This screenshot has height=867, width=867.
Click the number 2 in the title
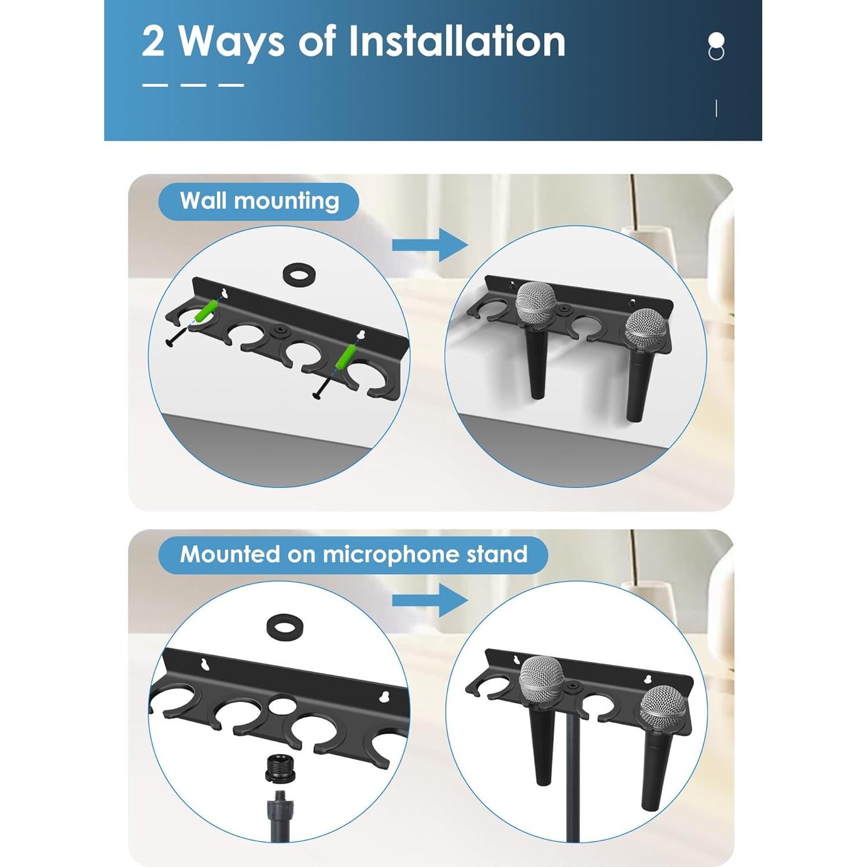tap(153, 42)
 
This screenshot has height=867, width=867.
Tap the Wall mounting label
tap(259, 201)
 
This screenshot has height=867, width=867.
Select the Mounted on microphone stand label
tap(353, 554)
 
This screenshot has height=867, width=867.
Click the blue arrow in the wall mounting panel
tap(429, 245)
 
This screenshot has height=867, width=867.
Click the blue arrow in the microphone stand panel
tap(429, 600)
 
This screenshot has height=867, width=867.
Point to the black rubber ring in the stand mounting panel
tap(284, 626)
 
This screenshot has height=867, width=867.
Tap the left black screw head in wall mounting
tap(170, 343)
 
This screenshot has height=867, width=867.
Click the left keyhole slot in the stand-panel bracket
tap(204, 663)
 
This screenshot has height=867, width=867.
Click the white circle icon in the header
tap(716, 41)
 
